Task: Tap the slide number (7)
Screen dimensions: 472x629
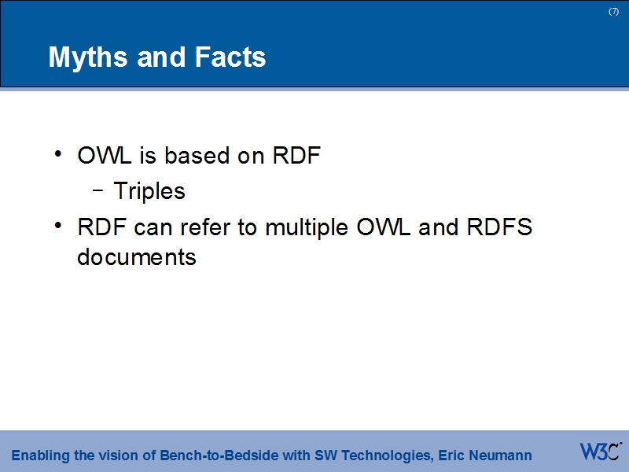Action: point(613,11)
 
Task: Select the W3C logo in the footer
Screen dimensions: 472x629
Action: point(600,452)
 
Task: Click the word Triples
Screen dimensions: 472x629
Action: point(149,191)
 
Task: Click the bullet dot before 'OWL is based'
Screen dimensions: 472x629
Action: point(60,154)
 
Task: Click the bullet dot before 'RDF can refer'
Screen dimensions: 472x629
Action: point(60,226)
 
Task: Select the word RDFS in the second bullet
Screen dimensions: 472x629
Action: point(499,228)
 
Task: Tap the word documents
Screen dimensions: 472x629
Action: point(137,256)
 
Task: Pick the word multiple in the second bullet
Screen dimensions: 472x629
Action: point(307,228)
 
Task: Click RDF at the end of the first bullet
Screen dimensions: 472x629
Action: point(296,156)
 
